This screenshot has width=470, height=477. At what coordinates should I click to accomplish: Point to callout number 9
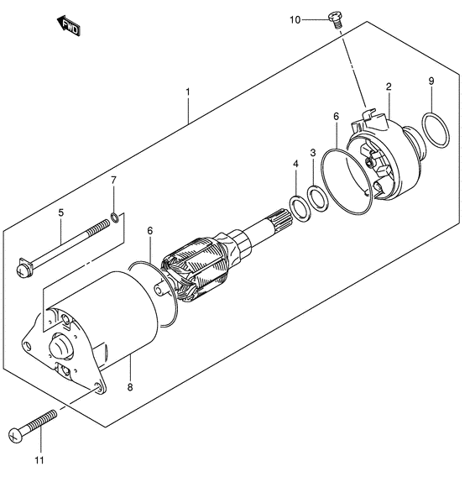pos(431,81)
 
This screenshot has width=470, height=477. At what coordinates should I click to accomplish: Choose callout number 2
pos(389,86)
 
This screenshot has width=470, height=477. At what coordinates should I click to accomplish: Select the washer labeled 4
pos(295,204)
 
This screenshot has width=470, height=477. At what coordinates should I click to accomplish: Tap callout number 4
pos(295,165)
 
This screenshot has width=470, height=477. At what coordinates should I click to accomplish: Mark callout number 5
pos(60,212)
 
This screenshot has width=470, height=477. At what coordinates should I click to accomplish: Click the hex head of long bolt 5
pos(23,270)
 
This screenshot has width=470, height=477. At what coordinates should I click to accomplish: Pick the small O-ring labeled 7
pos(114,220)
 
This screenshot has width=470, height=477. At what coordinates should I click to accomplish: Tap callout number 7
pos(114,181)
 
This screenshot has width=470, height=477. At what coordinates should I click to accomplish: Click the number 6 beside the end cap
pos(335,118)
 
